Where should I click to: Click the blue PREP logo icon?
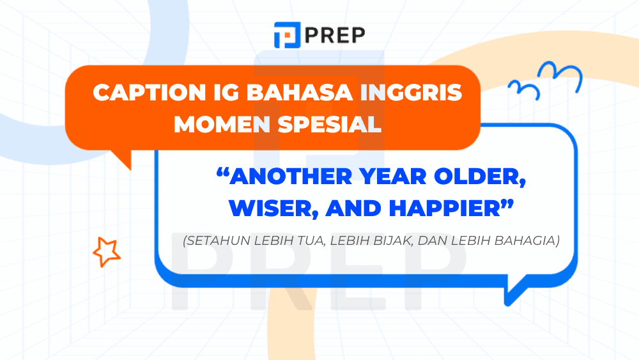point(285,35)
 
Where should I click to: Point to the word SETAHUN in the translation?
point(217,242)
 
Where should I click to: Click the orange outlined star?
point(106,251)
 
